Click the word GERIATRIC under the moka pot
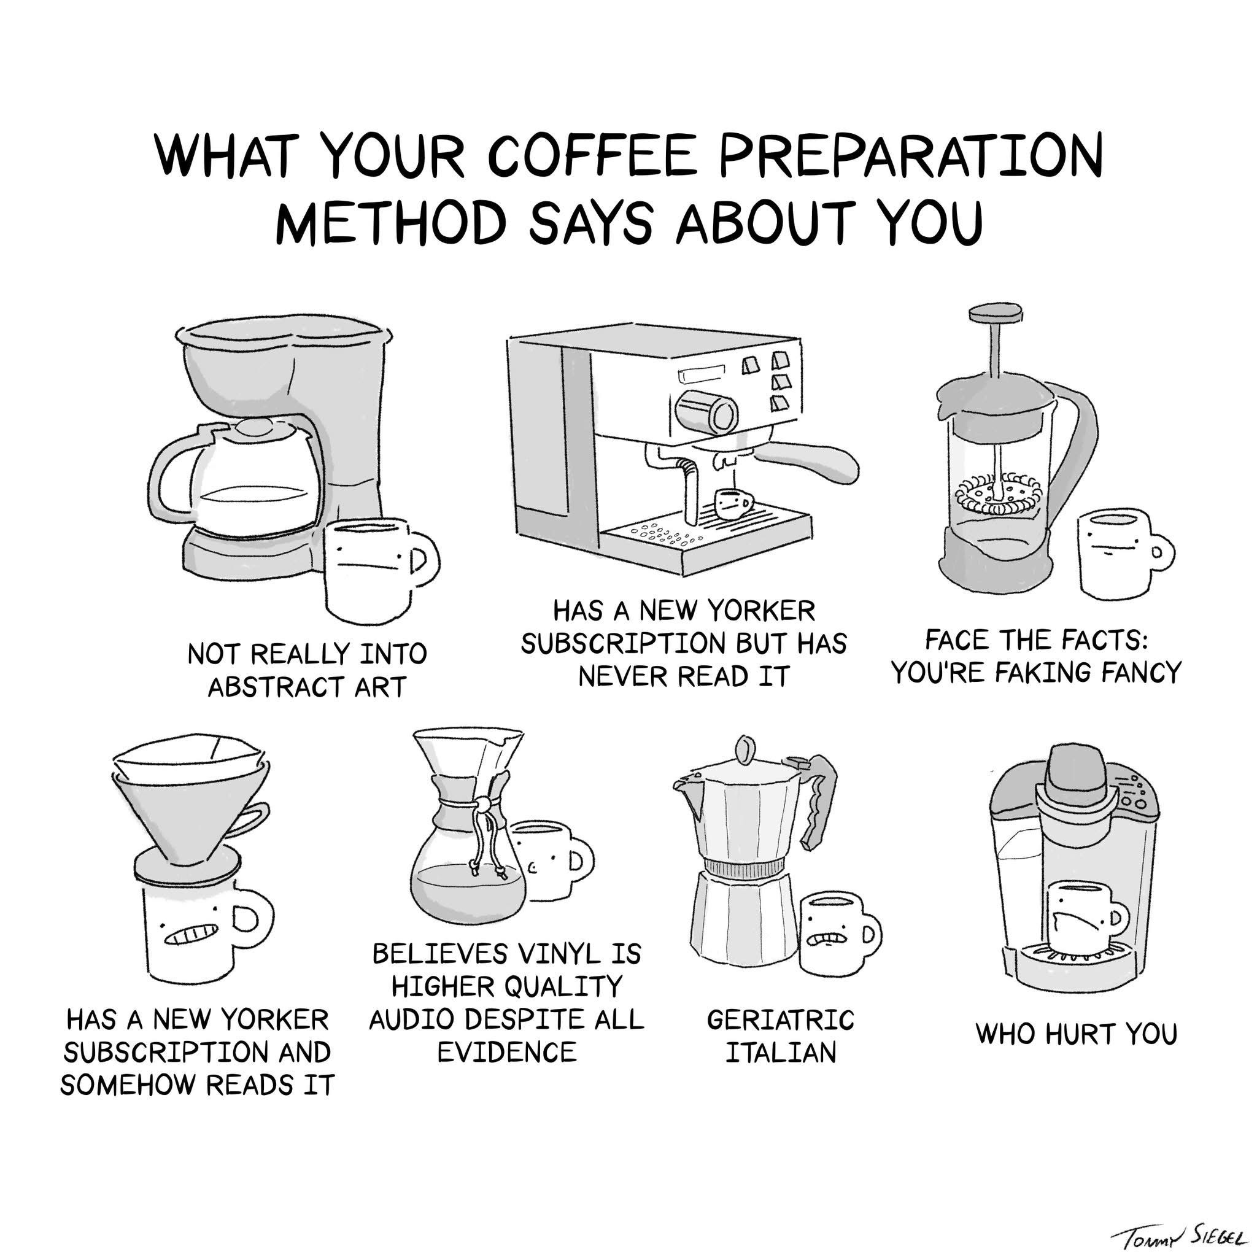click(x=780, y=1019)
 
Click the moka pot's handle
click(x=819, y=800)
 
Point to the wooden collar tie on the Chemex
click(x=482, y=806)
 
